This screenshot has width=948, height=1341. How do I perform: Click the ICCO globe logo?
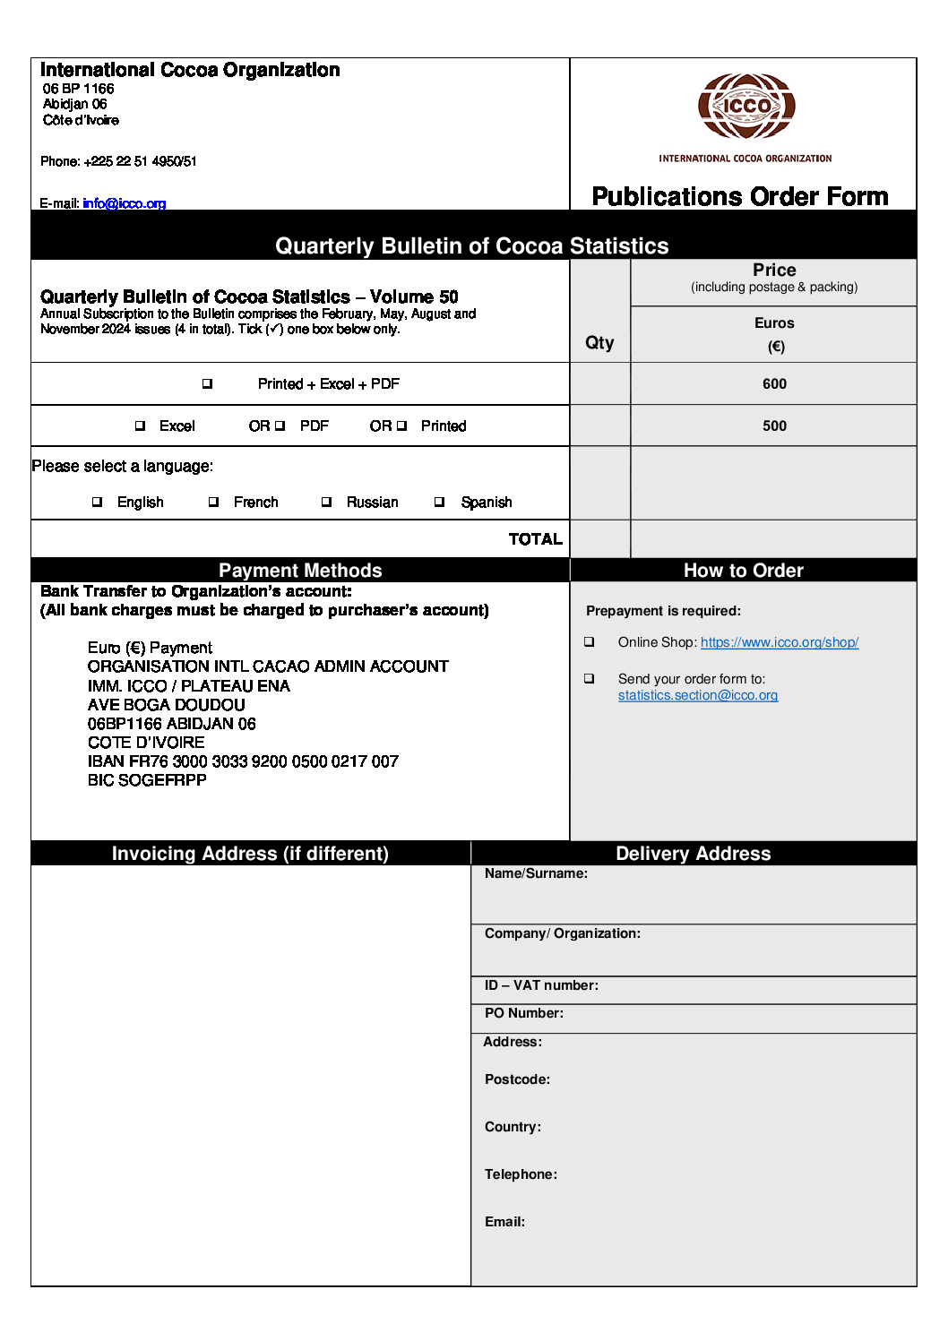(746, 107)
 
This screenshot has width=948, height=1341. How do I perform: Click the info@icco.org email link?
(124, 203)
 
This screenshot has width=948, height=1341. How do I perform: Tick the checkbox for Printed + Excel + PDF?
(207, 383)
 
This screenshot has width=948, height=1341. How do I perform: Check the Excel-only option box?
(140, 426)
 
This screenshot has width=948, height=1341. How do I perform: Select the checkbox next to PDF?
(280, 426)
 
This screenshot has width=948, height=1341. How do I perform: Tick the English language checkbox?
(97, 502)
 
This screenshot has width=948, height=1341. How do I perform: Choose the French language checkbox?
(213, 502)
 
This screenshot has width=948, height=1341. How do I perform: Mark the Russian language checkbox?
(326, 502)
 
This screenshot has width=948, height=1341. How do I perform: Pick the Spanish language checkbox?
(439, 502)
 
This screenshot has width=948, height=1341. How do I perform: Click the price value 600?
(774, 383)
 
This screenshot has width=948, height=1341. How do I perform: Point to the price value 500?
(774, 426)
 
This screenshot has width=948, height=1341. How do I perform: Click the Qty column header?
(599, 342)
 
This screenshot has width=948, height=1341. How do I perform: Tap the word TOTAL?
(535, 538)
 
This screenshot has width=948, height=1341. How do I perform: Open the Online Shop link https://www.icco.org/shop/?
(779, 642)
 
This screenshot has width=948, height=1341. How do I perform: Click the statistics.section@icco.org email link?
(697, 695)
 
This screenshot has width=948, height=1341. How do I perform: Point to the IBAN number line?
(243, 761)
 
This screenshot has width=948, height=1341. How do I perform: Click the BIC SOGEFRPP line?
(147, 780)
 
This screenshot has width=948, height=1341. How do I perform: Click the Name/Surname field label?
(536, 873)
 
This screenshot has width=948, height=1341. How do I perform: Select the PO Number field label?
(523, 1013)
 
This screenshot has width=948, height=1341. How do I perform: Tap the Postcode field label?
(517, 1079)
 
